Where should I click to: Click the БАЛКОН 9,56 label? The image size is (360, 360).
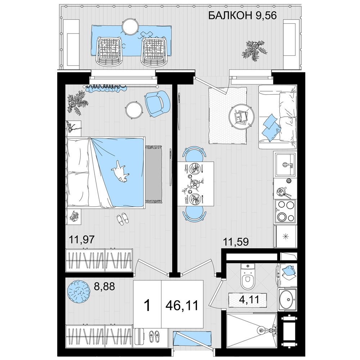point(242,16)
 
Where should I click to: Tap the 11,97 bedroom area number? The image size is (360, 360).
point(82,240)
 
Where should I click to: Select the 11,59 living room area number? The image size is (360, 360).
point(236,242)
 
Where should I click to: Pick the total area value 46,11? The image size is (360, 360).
point(182,306)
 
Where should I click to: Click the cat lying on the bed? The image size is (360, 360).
point(120,171)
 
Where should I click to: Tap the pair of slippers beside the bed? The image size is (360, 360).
point(123,219)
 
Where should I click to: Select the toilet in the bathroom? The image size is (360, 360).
point(248,276)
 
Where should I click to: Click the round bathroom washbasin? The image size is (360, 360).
point(287,299)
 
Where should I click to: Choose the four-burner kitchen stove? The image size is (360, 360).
point(285,211)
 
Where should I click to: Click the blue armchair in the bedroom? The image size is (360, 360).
point(158,103)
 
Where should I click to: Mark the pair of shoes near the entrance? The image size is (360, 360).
point(154,336)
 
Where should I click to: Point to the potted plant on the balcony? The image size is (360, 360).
point(253,50)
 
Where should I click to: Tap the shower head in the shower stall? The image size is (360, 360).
point(261,330)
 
